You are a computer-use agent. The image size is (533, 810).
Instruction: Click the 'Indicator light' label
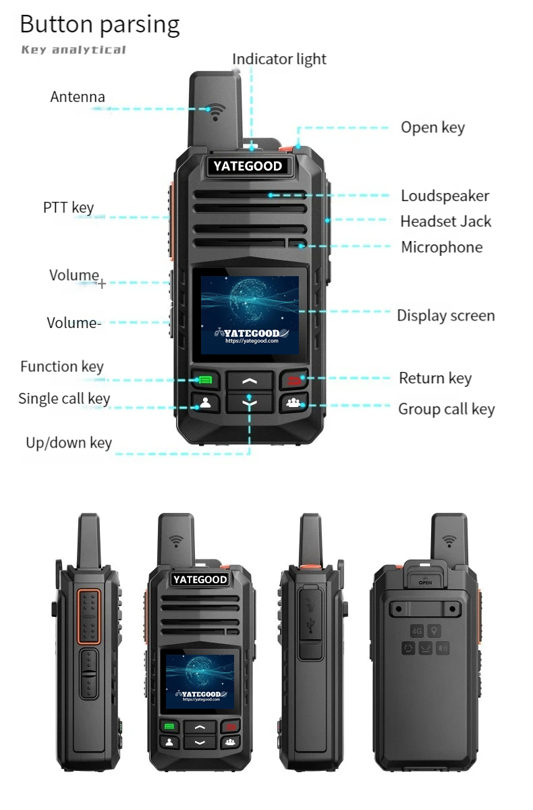click(x=279, y=59)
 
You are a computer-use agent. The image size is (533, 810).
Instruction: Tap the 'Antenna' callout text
click(x=78, y=97)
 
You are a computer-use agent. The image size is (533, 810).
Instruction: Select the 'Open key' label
click(x=432, y=128)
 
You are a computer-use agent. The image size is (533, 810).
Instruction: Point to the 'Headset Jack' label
click(x=445, y=221)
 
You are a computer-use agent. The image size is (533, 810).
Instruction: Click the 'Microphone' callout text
click(x=441, y=247)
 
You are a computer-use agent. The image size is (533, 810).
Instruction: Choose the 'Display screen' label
click(x=446, y=316)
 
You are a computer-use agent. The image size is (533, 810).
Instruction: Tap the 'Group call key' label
click(x=446, y=409)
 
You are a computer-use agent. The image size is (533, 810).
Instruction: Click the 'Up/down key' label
click(x=69, y=443)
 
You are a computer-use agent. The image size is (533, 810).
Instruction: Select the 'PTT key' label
click(x=68, y=208)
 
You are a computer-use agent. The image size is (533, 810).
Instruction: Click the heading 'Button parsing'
click(x=100, y=24)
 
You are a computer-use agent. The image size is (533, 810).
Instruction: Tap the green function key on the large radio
click(x=205, y=379)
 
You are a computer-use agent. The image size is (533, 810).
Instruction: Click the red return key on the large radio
click(x=295, y=379)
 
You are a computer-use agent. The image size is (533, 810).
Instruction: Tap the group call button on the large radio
click(x=293, y=402)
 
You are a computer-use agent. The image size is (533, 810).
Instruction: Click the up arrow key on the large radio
click(x=250, y=381)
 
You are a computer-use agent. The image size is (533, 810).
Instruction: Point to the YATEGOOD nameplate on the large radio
click(x=248, y=166)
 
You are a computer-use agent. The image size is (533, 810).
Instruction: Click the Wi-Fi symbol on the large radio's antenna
click(x=216, y=112)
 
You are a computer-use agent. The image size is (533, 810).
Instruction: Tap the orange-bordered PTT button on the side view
click(x=89, y=616)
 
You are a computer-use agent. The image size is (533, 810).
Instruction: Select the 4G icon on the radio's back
click(x=417, y=631)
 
